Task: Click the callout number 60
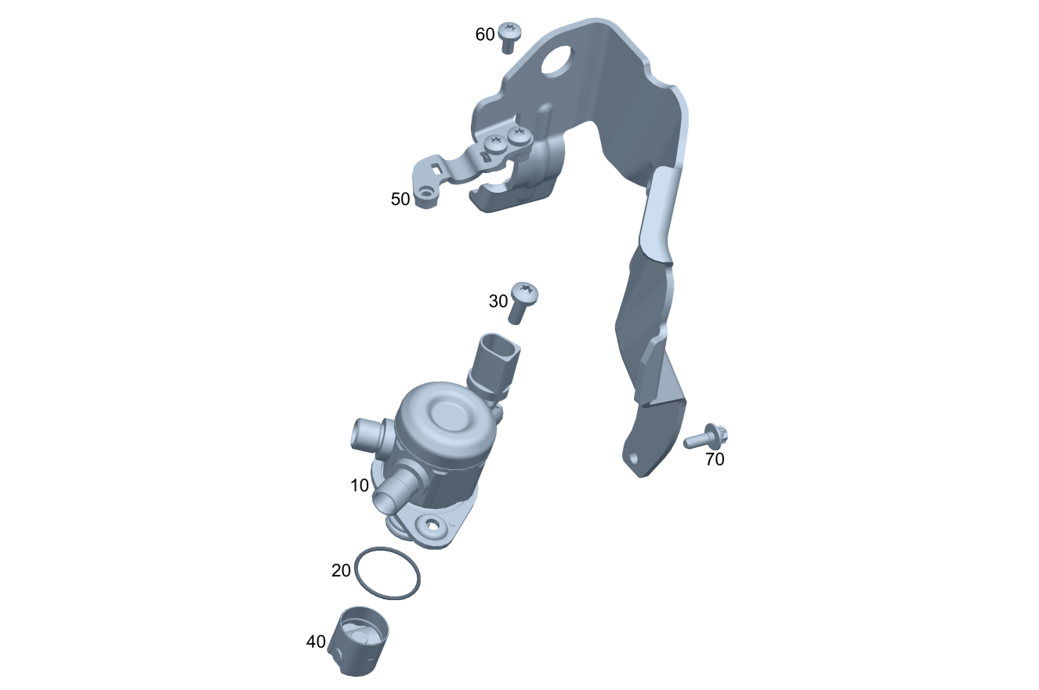tap(485, 34)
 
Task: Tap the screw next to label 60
tap(509, 37)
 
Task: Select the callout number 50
tap(400, 199)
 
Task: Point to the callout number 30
tap(498, 302)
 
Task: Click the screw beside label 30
tap(523, 302)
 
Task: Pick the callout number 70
tap(715, 459)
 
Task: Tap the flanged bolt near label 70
tap(705, 436)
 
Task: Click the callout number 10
tap(360, 486)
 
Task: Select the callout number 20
tap(341, 570)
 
